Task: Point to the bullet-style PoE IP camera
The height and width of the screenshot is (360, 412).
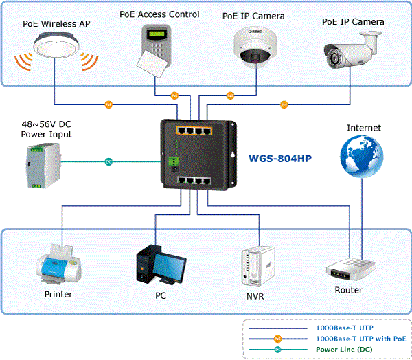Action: (353, 49)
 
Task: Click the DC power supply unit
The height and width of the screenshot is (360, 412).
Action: (44, 166)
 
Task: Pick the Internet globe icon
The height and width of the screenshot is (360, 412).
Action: (362, 156)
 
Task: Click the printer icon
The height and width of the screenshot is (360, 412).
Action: (58, 264)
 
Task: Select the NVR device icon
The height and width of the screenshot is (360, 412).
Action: (258, 266)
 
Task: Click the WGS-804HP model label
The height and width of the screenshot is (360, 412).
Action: (280, 159)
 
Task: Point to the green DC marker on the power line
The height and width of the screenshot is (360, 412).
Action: (108, 161)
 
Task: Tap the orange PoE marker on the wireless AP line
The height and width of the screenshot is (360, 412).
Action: (108, 104)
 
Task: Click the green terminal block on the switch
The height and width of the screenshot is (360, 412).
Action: (174, 161)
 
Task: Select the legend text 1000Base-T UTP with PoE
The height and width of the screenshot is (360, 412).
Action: (361, 339)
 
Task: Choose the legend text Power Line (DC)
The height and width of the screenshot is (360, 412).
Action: (344, 350)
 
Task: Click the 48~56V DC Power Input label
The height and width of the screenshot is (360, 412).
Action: (46, 129)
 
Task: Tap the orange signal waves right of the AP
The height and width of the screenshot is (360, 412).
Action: (89, 62)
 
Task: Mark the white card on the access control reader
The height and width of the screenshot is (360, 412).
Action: (152, 64)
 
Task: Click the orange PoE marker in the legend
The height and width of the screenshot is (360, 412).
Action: (277, 339)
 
